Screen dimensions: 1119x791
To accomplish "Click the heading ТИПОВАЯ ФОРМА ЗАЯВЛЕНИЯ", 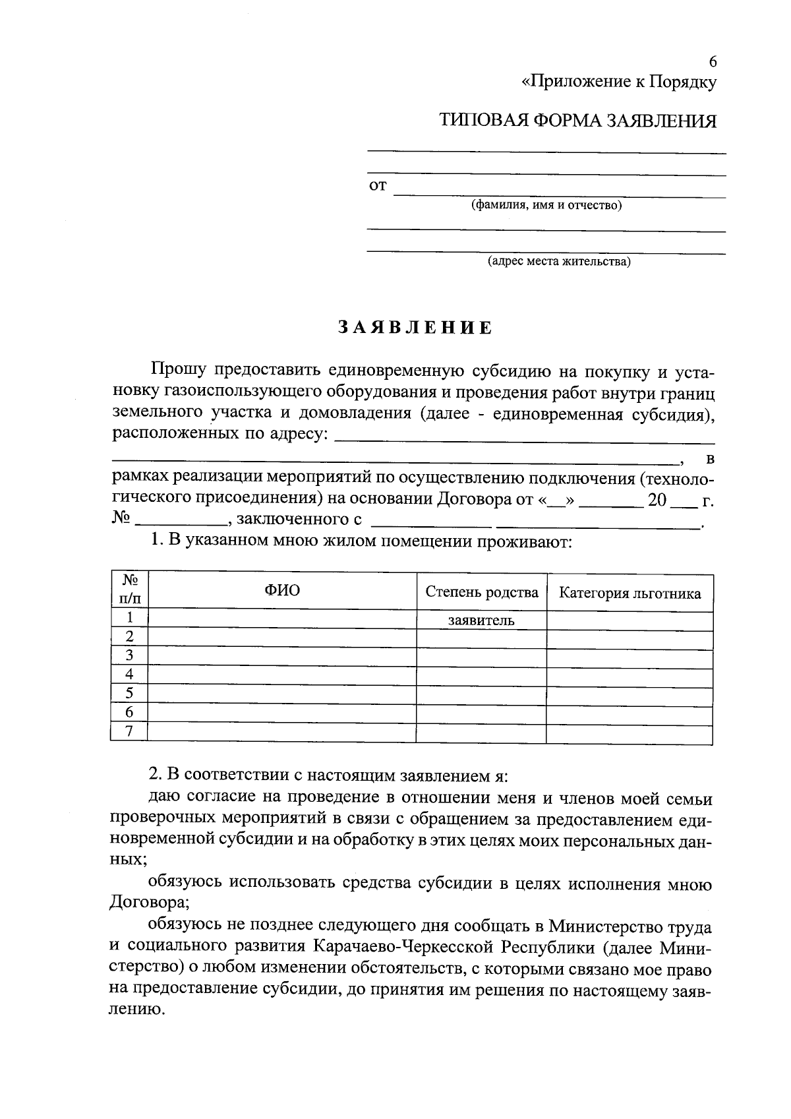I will coord(577,121).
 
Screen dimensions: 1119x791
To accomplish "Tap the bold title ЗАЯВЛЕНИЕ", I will coord(415,328).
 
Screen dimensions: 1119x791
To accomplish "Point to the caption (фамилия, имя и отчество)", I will coord(546,205).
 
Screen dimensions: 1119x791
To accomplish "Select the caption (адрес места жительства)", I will coord(558,262).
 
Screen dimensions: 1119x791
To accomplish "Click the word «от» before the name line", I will coord(377,185).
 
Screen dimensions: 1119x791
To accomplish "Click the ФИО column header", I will coord(282,590).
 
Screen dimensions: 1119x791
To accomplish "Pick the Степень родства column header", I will coord(481,592).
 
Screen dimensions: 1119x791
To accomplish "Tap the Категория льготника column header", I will coord(630,593).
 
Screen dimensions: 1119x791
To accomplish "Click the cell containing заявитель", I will coord(481,620).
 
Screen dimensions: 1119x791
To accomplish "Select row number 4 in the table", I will coord(129,674).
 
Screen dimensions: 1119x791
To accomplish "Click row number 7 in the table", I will coord(129,731).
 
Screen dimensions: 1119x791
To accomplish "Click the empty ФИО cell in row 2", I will coord(282,637).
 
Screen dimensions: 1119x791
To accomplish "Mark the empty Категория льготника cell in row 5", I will coord(630,694).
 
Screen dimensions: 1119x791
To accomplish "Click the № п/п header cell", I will coord(129,589).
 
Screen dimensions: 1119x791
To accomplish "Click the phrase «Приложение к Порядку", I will coord(618,82).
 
